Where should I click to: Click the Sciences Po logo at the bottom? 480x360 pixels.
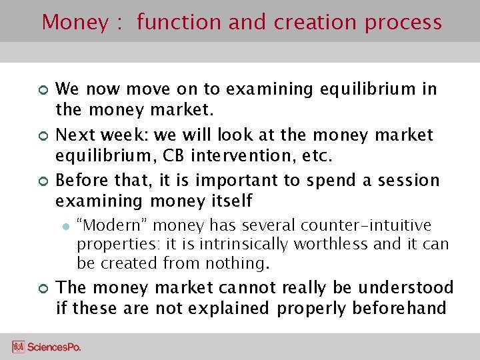coord(47,347)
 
